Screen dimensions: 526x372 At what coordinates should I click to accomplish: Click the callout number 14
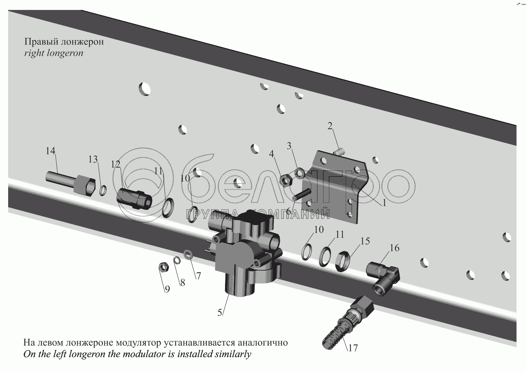(50, 151)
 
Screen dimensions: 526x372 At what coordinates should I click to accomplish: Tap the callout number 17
(353, 348)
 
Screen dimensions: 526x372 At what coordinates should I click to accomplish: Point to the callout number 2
(330, 126)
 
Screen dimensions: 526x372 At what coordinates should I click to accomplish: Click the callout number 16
(394, 248)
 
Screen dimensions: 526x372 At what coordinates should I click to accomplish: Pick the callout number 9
(167, 289)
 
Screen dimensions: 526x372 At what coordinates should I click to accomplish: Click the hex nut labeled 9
(162, 267)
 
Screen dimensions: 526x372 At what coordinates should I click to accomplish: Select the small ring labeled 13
(103, 190)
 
